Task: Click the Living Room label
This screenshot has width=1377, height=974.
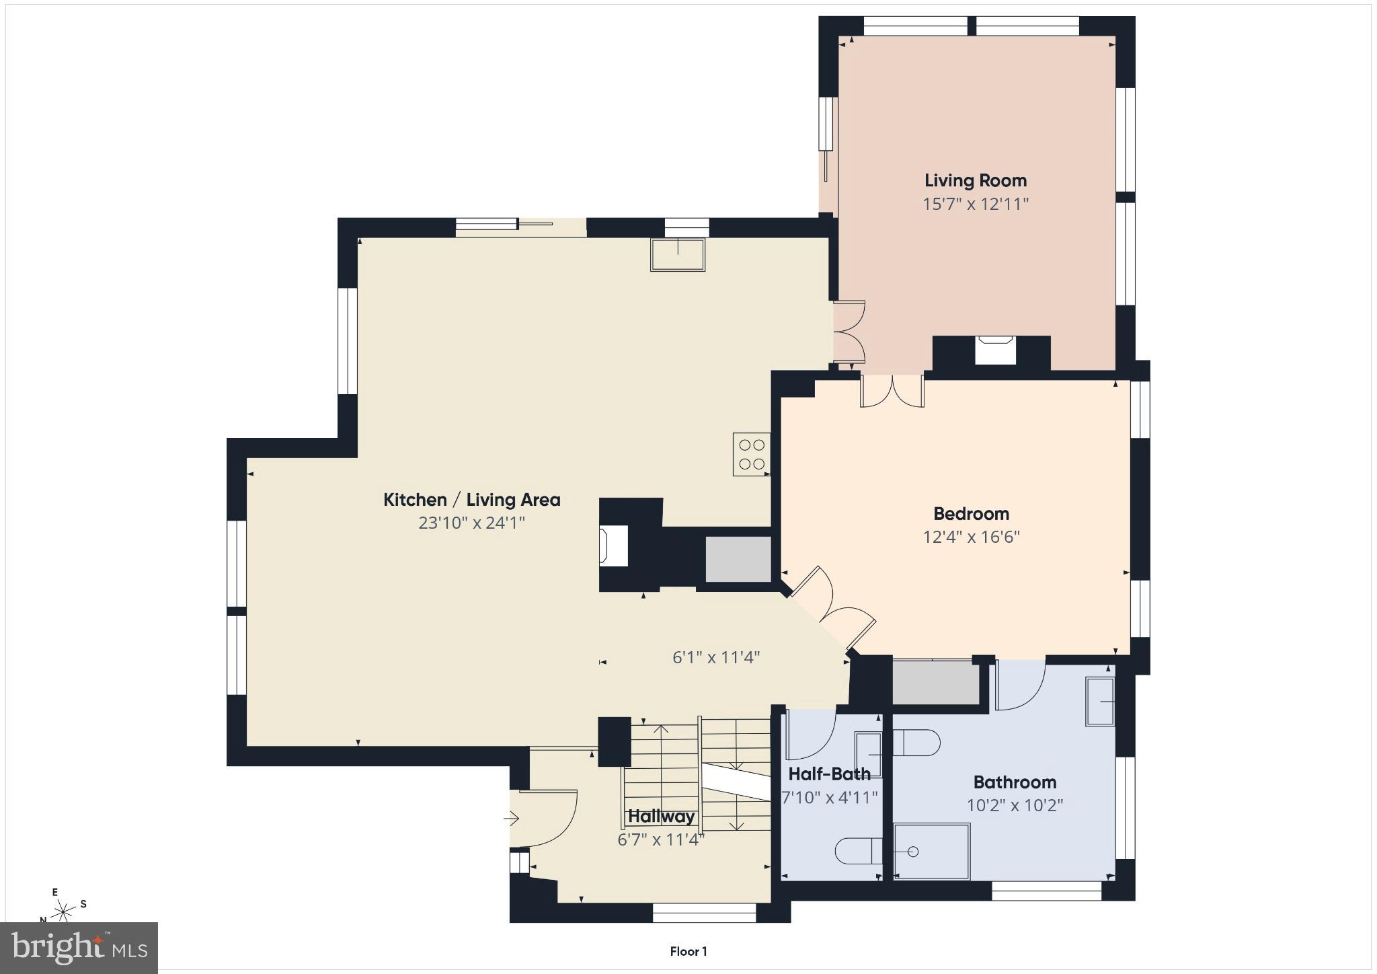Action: (975, 180)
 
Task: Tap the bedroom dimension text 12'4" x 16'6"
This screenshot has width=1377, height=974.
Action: (971, 537)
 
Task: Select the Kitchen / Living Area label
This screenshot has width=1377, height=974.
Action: (471, 500)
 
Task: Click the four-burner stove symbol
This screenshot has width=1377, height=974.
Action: (751, 454)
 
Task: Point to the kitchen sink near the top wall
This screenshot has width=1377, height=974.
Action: (677, 254)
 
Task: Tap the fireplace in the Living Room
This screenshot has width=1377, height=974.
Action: (994, 350)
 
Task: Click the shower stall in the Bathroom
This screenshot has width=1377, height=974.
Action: (931, 851)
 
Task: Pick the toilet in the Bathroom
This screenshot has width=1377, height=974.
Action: (916, 743)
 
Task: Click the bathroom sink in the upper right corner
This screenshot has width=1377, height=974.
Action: (1100, 702)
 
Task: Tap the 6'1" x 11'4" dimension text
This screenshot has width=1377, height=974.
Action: (716, 657)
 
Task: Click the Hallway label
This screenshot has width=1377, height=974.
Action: (661, 817)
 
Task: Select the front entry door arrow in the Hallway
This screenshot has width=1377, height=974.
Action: (512, 819)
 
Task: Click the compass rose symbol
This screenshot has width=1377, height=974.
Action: (63, 911)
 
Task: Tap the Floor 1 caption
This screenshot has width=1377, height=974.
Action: (688, 951)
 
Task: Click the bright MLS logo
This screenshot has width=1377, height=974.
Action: (79, 948)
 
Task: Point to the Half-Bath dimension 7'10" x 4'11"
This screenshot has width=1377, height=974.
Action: (830, 798)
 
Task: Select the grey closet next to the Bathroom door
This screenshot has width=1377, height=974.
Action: (935, 683)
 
